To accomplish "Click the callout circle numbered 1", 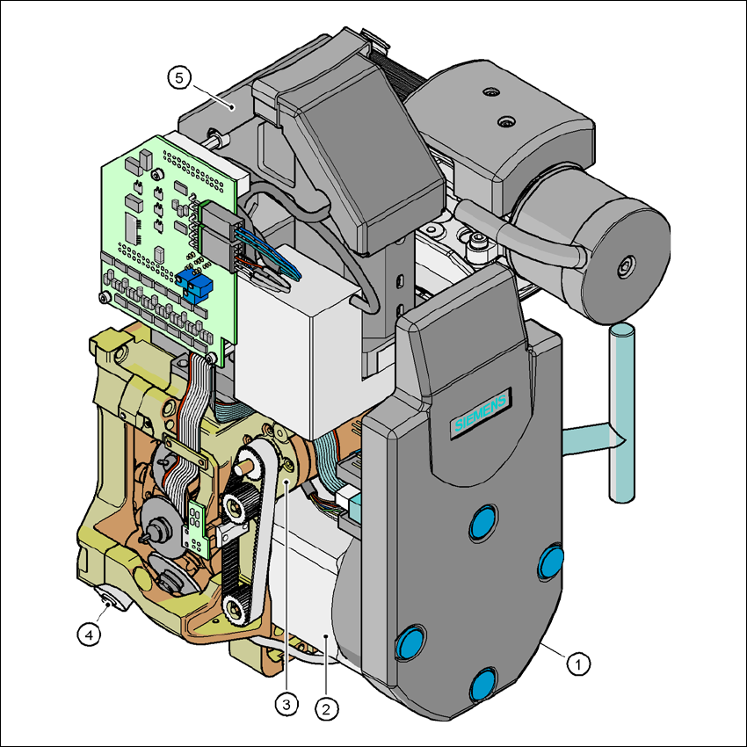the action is (578, 664).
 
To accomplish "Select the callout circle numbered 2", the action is (326, 709).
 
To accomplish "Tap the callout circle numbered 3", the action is (286, 704).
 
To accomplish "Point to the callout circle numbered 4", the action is (89, 635).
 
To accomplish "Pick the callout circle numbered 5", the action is (179, 77).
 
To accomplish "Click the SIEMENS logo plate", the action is (480, 412).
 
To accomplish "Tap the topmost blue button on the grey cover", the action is (483, 522).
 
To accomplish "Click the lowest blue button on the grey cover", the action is (483, 685).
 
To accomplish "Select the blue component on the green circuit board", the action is (194, 282).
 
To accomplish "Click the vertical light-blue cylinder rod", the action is (621, 412).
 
